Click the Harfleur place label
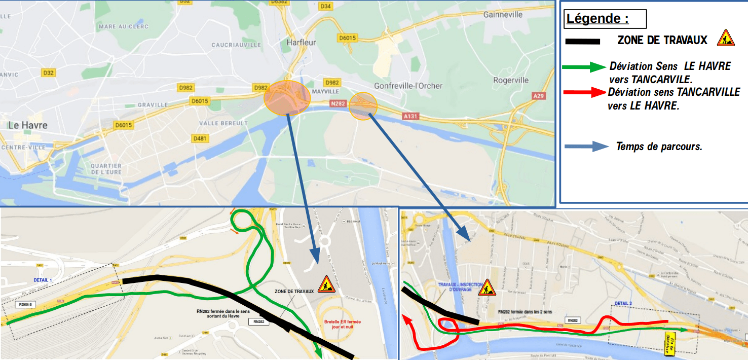click(301, 43)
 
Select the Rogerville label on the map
click(511, 80)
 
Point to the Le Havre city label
click(28, 125)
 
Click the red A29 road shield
click(538, 96)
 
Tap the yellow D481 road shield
click(200, 138)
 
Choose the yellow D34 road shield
click(326, 6)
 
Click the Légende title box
click(605, 19)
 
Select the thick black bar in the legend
click(582, 42)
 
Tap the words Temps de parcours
click(659, 147)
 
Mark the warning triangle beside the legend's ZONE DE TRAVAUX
click(726, 38)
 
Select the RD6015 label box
click(25, 305)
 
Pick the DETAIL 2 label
click(623, 303)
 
